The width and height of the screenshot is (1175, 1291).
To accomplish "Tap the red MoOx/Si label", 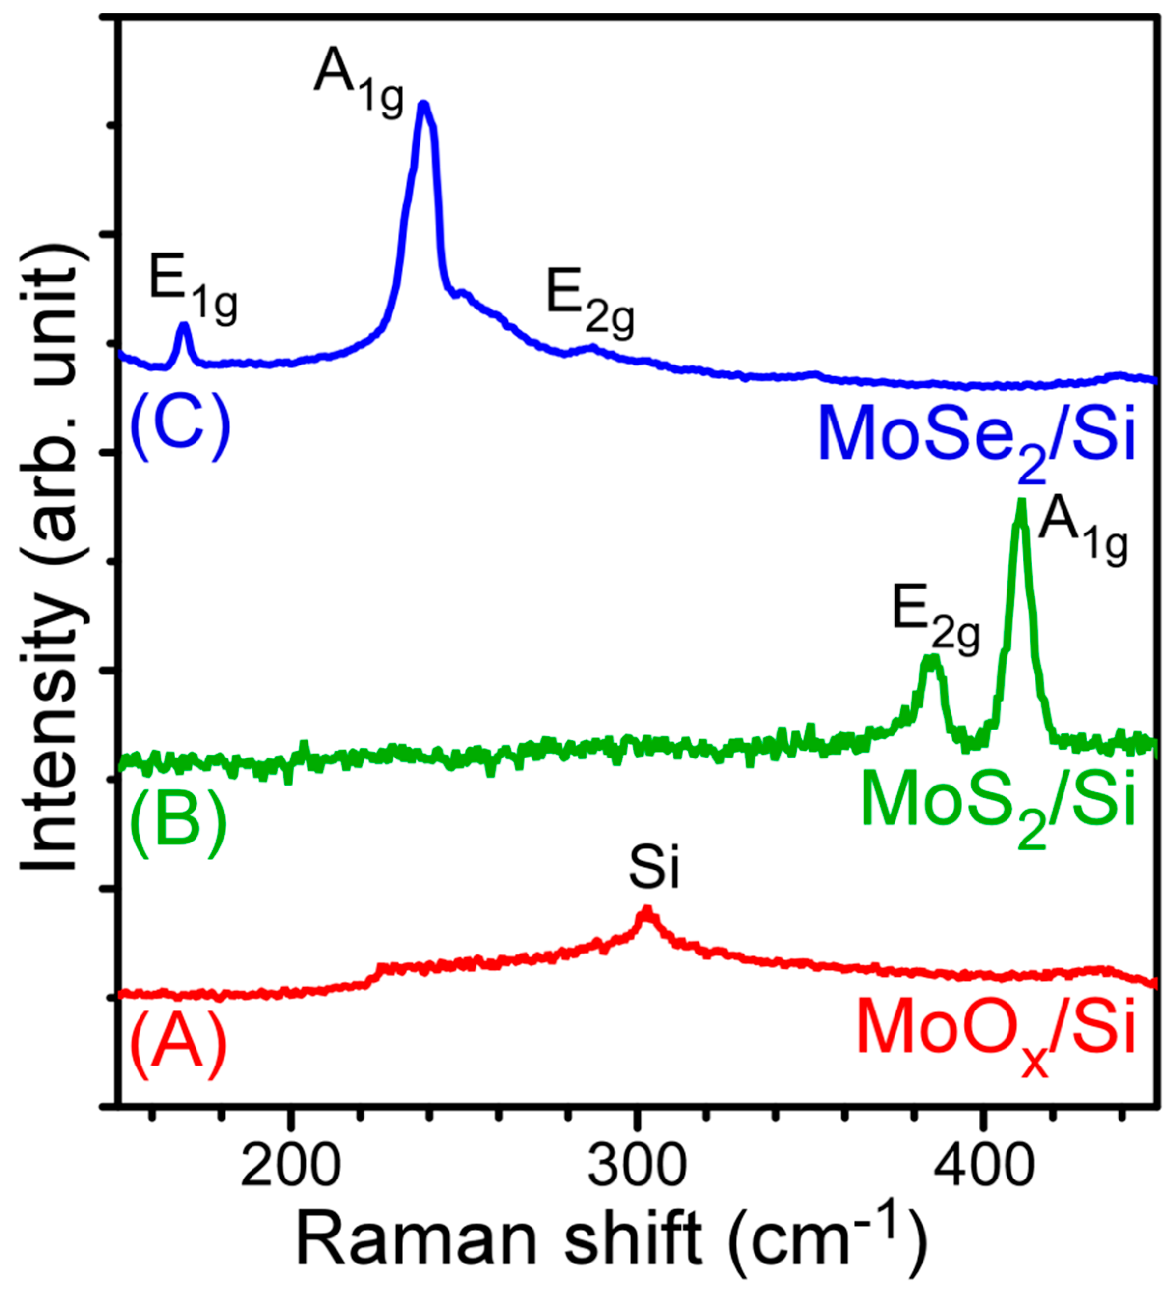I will click(996, 1032).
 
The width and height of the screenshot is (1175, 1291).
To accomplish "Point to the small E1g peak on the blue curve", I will click(184, 327).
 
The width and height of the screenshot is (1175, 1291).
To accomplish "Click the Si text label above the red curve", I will click(653, 870).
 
